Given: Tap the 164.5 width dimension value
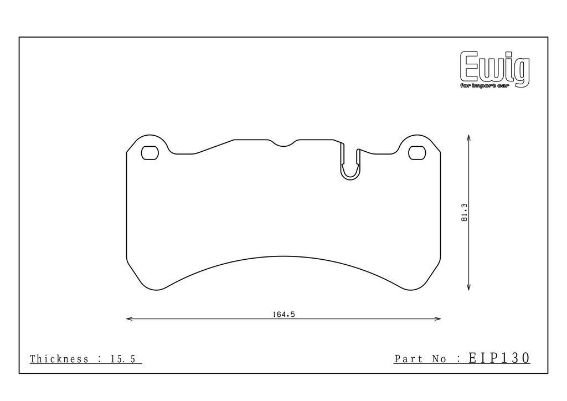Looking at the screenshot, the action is point(284,315).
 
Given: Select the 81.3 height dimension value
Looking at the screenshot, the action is point(465,213).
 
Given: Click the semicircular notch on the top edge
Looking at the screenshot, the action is point(283,146).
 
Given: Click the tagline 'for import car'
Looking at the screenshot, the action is point(484,86).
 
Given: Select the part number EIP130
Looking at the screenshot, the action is point(499,358).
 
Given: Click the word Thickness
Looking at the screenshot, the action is point(59,359).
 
